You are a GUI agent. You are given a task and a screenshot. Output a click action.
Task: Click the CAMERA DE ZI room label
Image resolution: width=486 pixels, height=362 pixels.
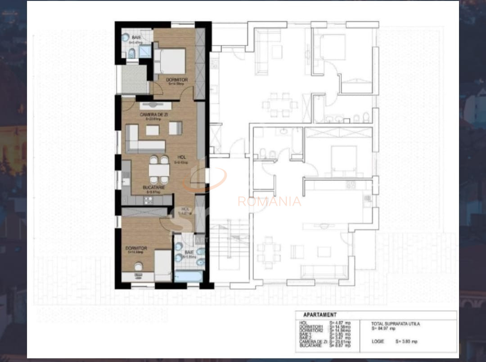(154, 115)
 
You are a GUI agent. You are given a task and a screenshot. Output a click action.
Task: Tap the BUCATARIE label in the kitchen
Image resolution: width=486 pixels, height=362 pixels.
(154, 187)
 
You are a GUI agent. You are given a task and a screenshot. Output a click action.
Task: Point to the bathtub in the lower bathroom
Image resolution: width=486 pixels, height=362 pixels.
(188, 275)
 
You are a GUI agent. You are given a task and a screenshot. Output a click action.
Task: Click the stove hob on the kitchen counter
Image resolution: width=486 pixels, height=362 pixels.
(148, 200)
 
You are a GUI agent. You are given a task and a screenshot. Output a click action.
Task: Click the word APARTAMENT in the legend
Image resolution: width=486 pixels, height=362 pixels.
(319, 315)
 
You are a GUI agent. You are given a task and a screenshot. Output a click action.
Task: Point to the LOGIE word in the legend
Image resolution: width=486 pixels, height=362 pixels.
(378, 341)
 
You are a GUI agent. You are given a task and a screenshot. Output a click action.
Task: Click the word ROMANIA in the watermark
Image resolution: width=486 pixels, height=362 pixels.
(269, 202)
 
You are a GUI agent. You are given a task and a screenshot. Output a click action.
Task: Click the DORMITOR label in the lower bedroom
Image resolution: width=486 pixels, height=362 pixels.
(136, 248)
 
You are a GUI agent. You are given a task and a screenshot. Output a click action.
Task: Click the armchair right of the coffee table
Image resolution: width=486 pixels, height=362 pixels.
(175, 128)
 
